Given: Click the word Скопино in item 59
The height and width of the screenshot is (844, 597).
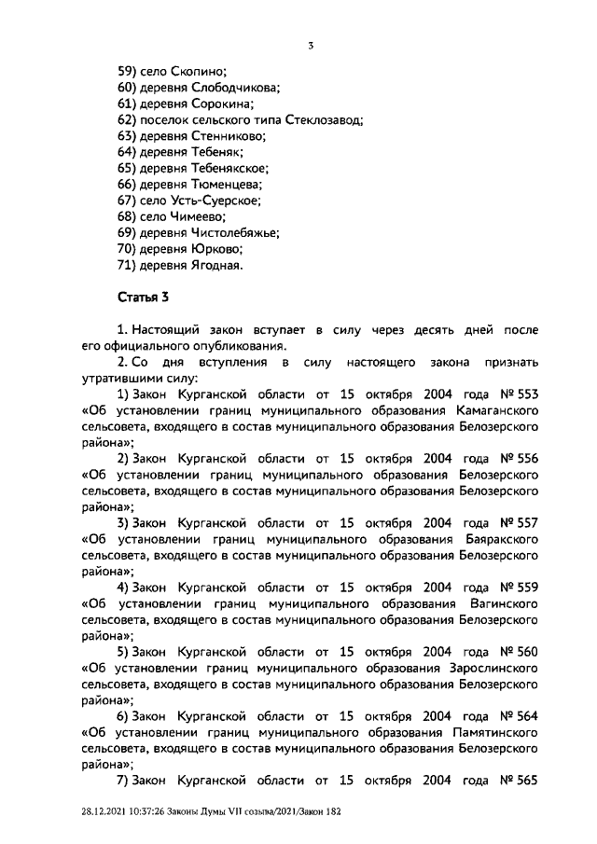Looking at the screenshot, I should [199, 70].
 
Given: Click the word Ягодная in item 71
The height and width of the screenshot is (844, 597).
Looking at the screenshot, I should [215, 266].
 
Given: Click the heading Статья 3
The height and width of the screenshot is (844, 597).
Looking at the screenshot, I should [143, 298].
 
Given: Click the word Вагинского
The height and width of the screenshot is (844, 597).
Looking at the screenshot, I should [505, 603].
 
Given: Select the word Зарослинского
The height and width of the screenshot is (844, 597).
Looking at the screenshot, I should [494, 668].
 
